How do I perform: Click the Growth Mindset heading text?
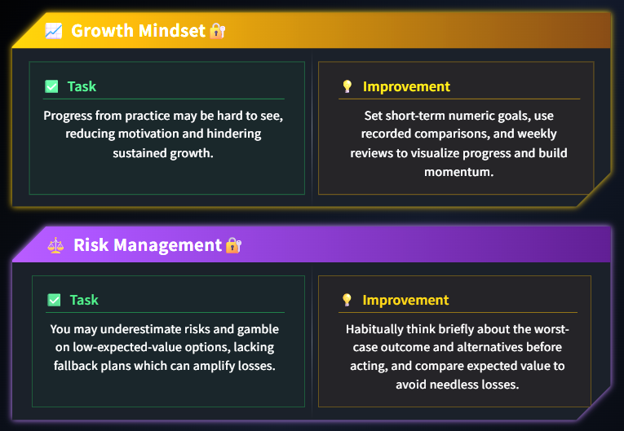pyautogui.click(x=138, y=31)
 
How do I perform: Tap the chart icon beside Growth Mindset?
pyautogui.click(x=54, y=31)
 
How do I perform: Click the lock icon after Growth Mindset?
pyautogui.click(x=217, y=31)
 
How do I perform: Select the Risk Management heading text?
pyautogui.click(x=148, y=245)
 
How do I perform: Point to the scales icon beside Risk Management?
pyautogui.click(x=55, y=245)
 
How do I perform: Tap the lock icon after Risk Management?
pyautogui.click(x=233, y=245)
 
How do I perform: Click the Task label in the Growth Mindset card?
pyautogui.click(x=82, y=86)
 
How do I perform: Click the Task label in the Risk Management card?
pyautogui.click(x=84, y=300)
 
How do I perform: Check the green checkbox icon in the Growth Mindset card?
pyautogui.click(x=51, y=86)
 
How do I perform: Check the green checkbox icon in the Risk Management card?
pyautogui.click(x=54, y=300)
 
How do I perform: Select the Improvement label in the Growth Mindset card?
pyautogui.click(x=406, y=86)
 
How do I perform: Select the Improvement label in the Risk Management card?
pyautogui.click(x=405, y=300)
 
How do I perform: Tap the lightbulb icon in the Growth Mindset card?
pyautogui.click(x=347, y=86)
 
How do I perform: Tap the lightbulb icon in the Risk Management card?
pyautogui.click(x=347, y=300)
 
